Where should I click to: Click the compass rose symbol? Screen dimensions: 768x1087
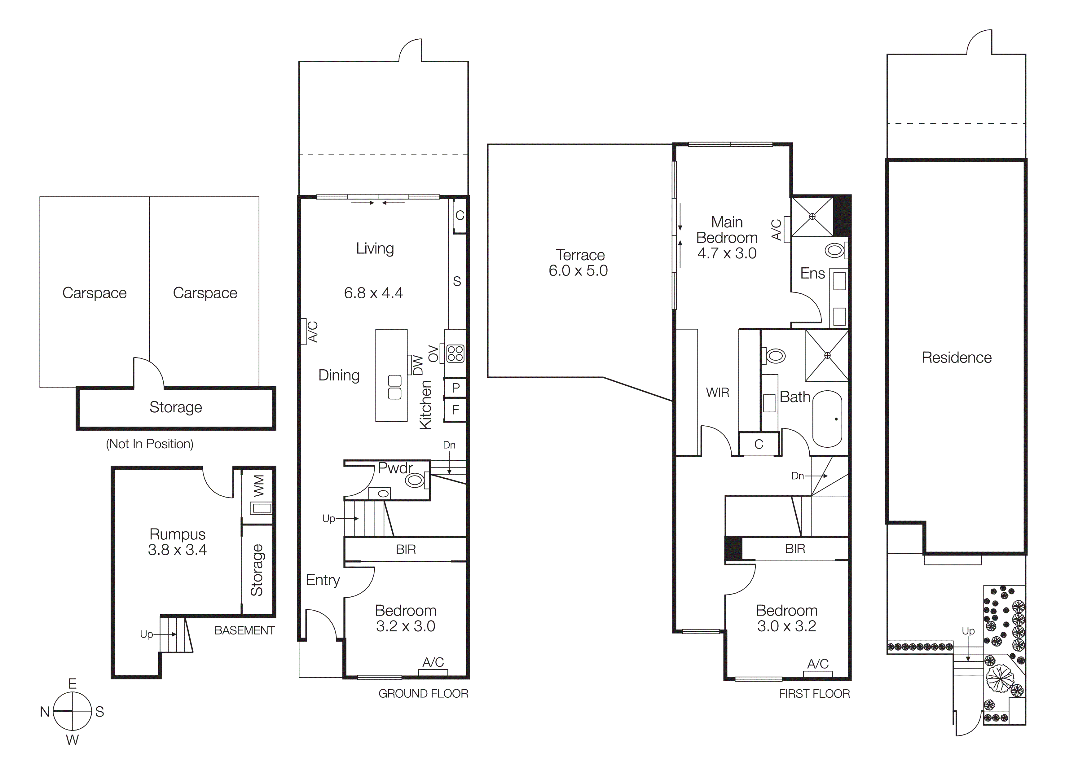tap(72, 711)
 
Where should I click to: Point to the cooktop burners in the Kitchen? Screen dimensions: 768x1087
tap(455, 353)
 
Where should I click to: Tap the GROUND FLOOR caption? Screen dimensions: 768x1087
tap(423, 693)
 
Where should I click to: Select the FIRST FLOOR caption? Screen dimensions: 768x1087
tap(814, 694)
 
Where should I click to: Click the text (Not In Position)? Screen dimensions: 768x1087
tap(150, 444)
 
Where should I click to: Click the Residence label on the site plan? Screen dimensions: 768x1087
tap(956, 357)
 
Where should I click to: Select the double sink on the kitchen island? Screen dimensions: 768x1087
tap(394, 387)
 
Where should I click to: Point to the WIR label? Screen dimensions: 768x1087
tap(717, 392)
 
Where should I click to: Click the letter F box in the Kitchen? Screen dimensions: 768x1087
tap(455, 410)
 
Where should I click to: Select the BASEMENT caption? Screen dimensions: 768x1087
tap(244, 630)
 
